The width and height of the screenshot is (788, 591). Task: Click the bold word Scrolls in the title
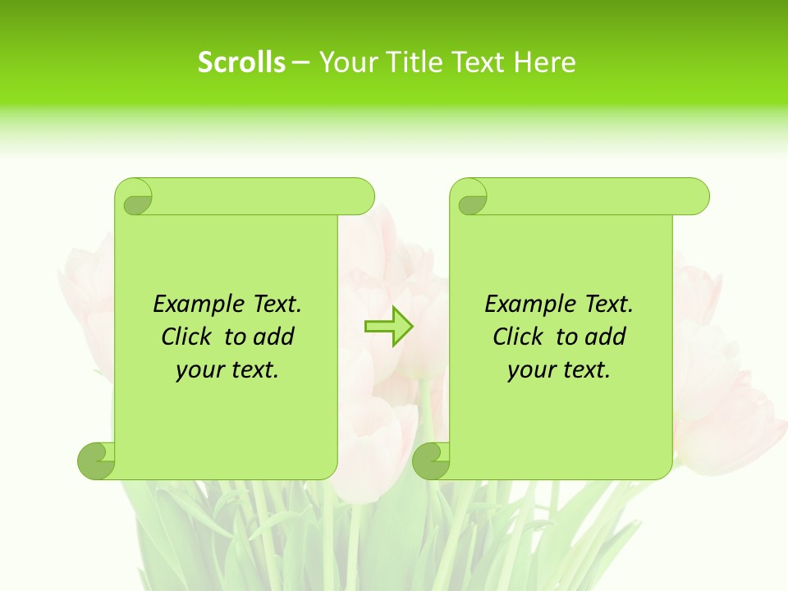[x=241, y=62]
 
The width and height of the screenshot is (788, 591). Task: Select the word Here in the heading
[x=545, y=62]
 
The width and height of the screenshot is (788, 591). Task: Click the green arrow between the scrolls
[x=388, y=327]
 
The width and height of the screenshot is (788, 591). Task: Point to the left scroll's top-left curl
[x=135, y=198]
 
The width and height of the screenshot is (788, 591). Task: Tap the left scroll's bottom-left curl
[x=96, y=460]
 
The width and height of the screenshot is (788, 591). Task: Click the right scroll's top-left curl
[x=471, y=198]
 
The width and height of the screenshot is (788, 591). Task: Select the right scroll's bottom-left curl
[x=431, y=460]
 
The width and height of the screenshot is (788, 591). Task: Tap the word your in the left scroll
[x=199, y=370]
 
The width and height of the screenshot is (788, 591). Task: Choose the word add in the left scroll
[x=275, y=337]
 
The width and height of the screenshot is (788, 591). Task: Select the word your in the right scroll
[x=531, y=370]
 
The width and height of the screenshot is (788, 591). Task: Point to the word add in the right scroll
[x=607, y=337]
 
